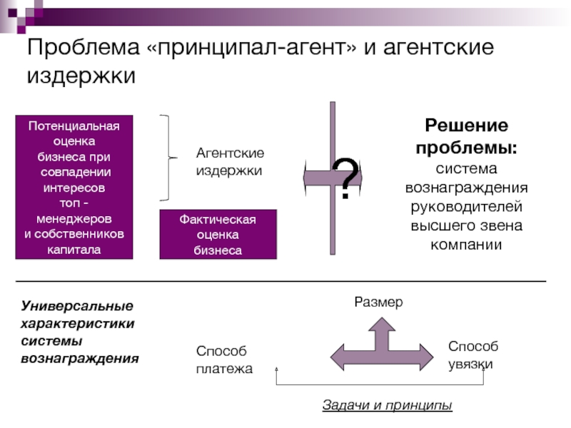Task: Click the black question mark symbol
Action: point(345,178)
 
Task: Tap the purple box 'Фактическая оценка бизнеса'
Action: point(218,235)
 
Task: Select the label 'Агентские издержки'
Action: point(230,162)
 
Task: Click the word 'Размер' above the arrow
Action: point(378,302)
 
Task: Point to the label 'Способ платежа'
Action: point(224,360)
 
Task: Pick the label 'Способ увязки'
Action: point(473,355)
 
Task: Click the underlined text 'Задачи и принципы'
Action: point(387,404)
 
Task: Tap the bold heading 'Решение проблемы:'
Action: point(467,136)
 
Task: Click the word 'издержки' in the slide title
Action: point(81,76)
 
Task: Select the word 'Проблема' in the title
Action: point(84,46)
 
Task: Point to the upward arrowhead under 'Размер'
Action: point(382,324)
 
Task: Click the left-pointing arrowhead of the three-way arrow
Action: point(337,357)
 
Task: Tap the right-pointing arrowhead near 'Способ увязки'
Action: point(427,357)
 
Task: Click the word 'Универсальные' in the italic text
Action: point(77,306)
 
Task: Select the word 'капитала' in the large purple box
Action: point(74,250)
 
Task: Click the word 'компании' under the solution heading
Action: point(466,245)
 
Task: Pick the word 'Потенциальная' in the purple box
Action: point(74,126)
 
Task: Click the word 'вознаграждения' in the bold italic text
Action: point(80,359)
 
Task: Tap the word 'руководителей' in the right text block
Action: point(467,207)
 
